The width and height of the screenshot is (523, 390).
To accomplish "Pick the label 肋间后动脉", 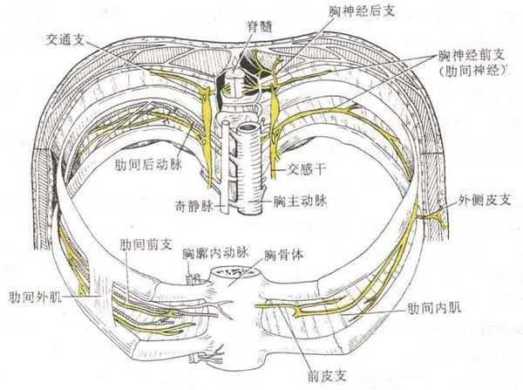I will pos(142,162).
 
